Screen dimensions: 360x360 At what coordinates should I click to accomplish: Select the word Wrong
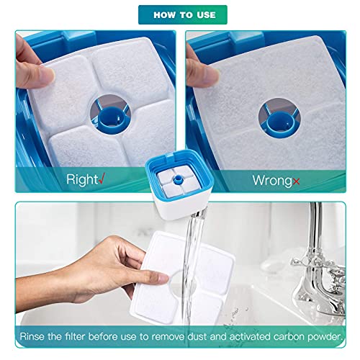271,179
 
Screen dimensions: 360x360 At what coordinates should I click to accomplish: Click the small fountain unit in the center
181,176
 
